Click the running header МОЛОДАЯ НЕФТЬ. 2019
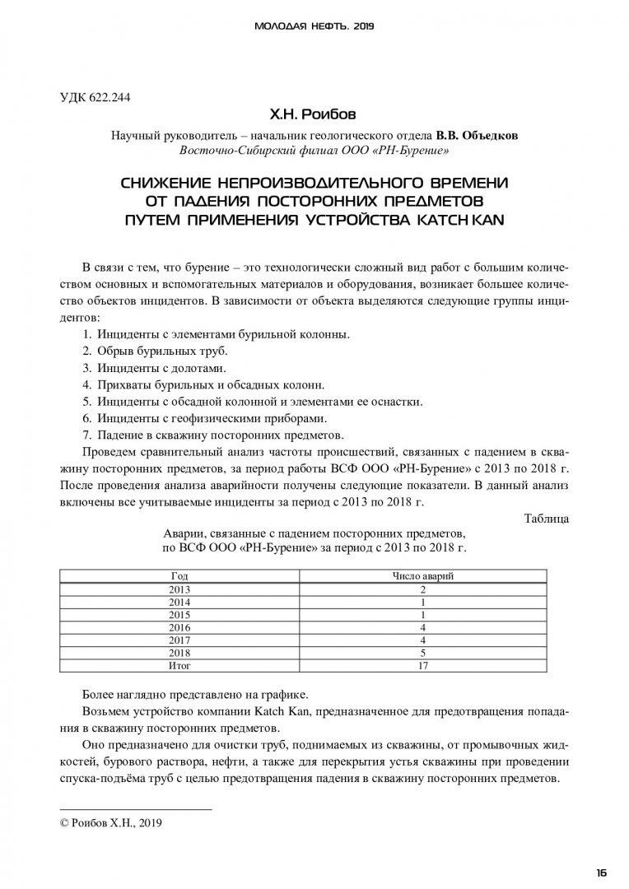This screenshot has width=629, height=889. click(x=314, y=26)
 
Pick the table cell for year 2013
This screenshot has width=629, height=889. click(x=179, y=589)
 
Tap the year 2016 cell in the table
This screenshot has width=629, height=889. click(x=179, y=627)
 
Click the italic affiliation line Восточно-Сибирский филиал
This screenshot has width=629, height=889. click(x=314, y=151)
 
